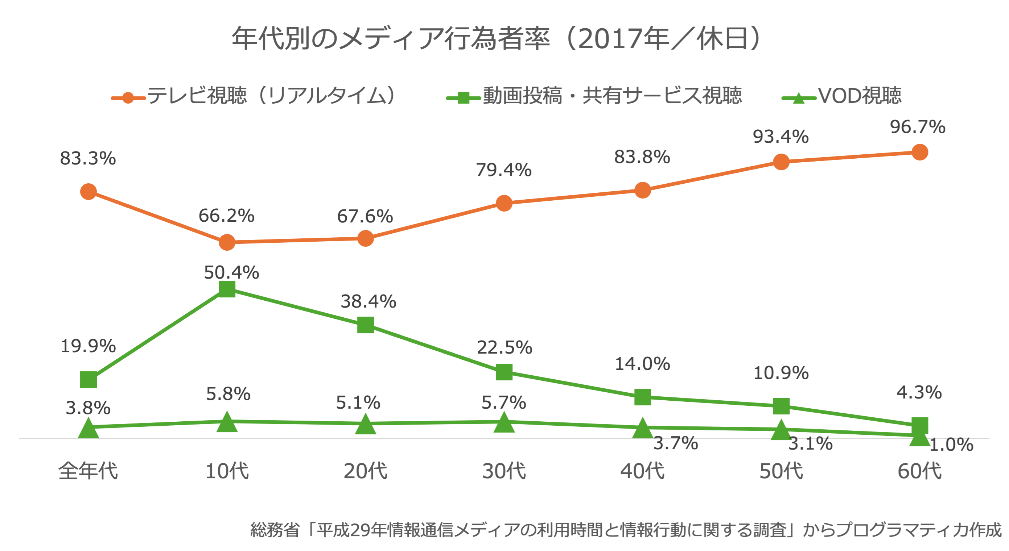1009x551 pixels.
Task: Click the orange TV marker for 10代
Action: click(227, 242)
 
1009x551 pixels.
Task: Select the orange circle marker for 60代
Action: click(920, 152)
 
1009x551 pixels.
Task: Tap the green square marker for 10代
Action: click(227, 289)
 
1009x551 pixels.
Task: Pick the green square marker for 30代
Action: click(504, 372)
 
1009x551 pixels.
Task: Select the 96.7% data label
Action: click(917, 127)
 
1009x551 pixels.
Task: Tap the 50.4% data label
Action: click(231, 272)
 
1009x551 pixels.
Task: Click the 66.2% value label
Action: click(226, 216)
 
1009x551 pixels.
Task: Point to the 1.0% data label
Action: click(951, 445)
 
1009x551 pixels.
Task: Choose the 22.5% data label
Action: click(504, 347)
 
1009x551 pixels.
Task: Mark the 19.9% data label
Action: click(88, 346)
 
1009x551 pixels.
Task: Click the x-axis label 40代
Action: click(642, 471)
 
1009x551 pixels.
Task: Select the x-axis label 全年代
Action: click(88, 471)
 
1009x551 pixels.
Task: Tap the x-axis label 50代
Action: click(781, 471)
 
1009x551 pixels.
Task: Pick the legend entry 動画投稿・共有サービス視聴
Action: click(612, 96)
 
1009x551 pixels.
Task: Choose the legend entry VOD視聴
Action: click(859, 96)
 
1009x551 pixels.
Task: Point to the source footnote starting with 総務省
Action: click(626, 530)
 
